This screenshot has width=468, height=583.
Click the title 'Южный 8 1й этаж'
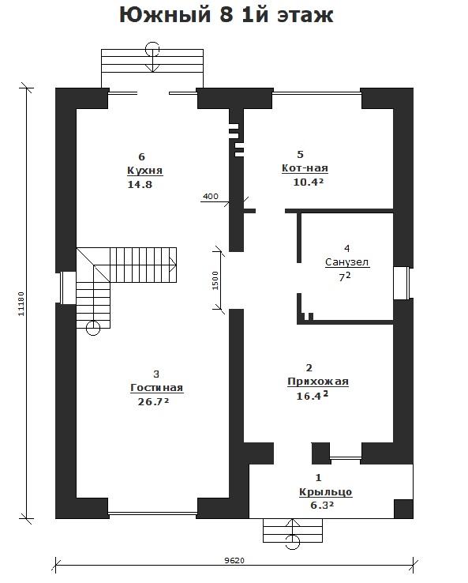tap(227, 15)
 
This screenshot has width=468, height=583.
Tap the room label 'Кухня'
tap(145, 171)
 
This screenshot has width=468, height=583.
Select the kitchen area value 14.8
tap(140, 184)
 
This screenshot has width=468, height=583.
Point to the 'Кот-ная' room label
tap(305, 168)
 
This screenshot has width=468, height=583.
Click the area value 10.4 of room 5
tap(309, 182)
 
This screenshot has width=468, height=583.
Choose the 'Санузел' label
tap(347, 262)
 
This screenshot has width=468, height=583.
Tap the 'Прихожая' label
tap(318, 382)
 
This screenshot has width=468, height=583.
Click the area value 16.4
tap(312, 396)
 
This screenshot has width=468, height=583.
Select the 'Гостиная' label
tap(157, 388)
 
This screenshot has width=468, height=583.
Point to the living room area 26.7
tap(153, 401)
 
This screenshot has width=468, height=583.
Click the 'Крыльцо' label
tap(325, 492)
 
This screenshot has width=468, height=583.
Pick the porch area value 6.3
tap(322, 506)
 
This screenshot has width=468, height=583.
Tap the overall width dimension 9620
tap(234, 560)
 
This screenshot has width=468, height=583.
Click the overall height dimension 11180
tap(21, 304)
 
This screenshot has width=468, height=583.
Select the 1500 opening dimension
tap(215, 280)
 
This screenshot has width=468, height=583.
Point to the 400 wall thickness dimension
tap(211, 197)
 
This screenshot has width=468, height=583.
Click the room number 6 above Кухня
tap(141, 156)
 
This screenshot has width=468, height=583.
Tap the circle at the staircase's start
tap(92, 328)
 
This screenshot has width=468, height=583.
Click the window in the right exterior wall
tap(402, 283)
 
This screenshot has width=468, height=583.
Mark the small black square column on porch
tap(403, 509)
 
